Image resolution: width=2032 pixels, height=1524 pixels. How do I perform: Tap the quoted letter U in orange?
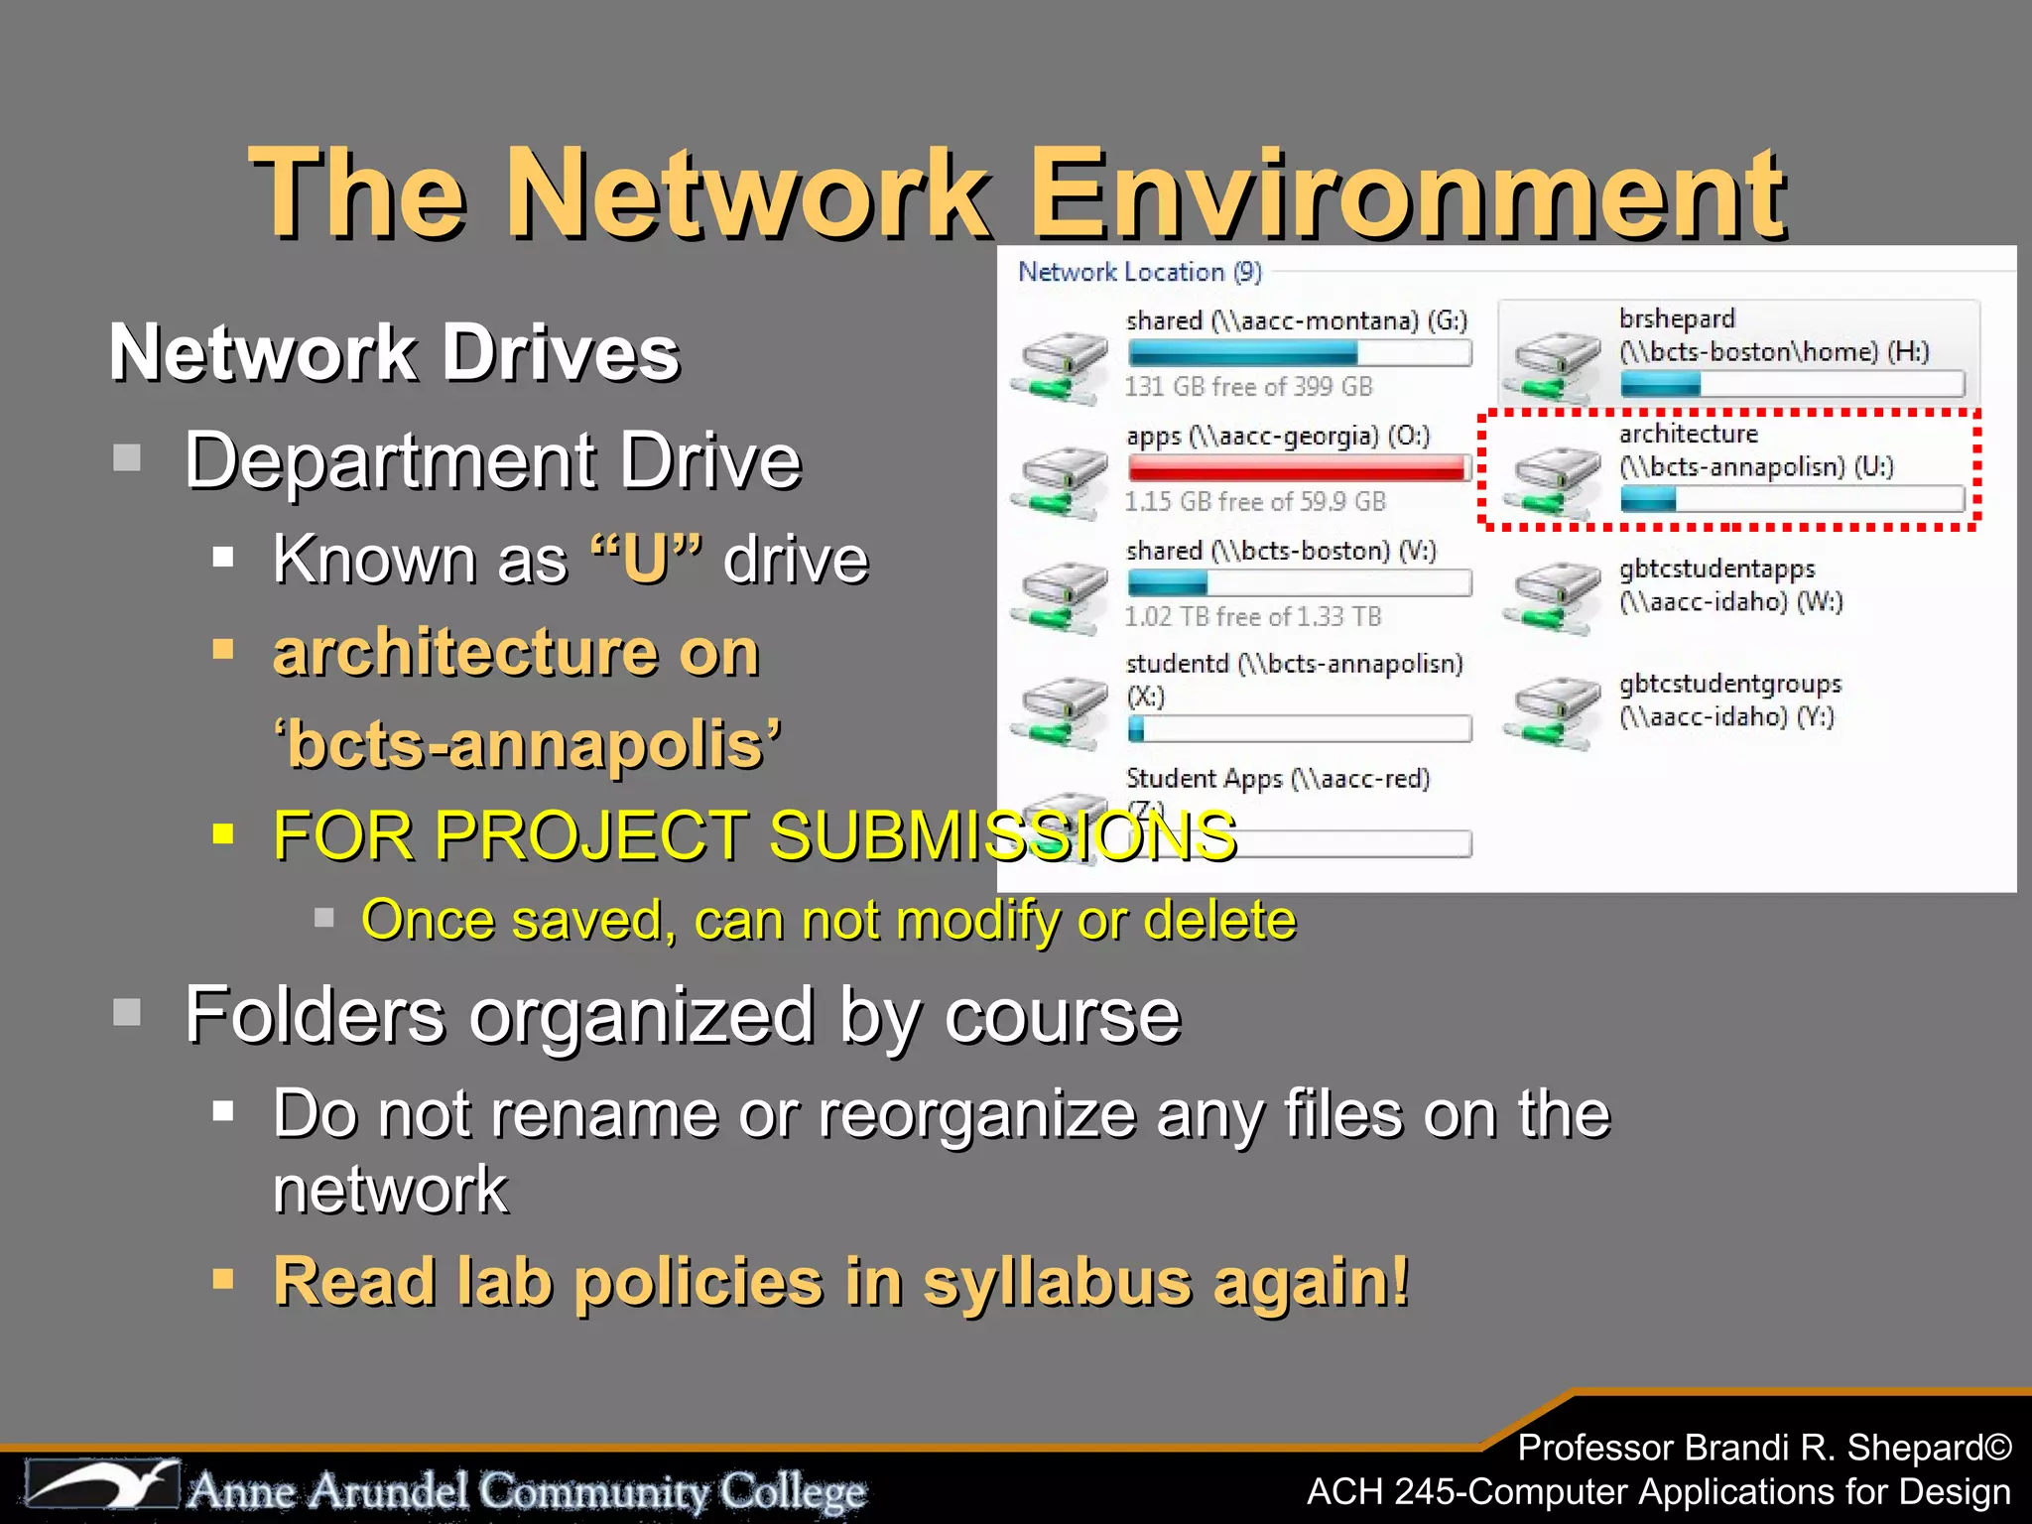(646, 560)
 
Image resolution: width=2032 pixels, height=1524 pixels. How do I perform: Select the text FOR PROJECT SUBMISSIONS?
(754, 835)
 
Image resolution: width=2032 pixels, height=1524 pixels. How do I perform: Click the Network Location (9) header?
(1139, 272)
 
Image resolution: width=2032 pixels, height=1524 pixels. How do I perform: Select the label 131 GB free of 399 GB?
(1248, 386)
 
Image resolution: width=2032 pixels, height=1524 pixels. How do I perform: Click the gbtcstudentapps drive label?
(1716, 569)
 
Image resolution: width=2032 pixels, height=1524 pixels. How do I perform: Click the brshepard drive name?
(1677, 318)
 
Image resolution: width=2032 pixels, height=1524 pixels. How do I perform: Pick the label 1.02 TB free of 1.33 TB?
(1252, 616)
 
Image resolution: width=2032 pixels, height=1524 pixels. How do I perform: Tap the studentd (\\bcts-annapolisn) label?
(1294, 663)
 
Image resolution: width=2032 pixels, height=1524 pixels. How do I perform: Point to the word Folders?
(315, 1016)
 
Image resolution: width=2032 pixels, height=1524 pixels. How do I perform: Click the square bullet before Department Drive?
(127, 458)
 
